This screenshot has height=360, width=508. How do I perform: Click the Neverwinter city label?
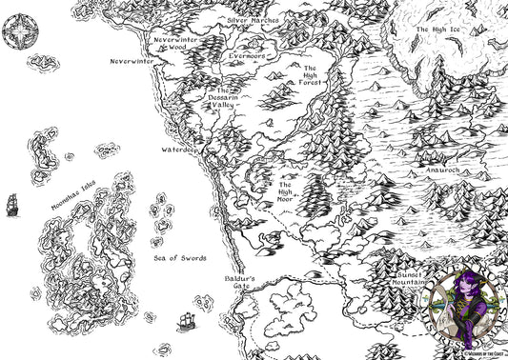(132, 61)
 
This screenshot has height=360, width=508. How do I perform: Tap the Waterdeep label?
(178, 150)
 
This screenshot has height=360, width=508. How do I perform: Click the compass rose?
(19, 33)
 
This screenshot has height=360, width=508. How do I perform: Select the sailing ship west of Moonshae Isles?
(12, 205)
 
